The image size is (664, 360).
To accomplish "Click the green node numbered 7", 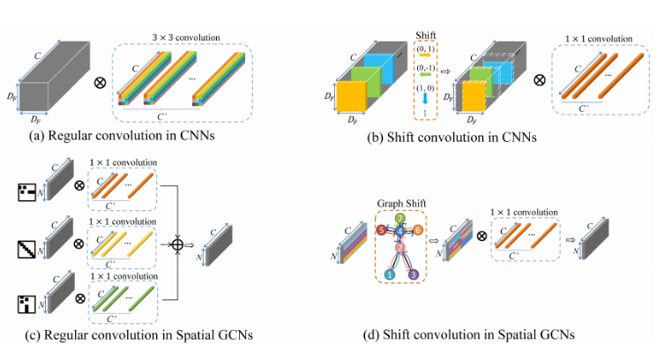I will point(399,218).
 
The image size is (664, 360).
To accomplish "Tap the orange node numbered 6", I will point(418,230).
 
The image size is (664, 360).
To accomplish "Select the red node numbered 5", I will point(381,230).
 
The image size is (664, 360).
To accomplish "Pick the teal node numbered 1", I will point(389,274).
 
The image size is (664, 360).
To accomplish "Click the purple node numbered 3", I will point(413,274).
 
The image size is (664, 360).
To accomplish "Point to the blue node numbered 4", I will point(399,231).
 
